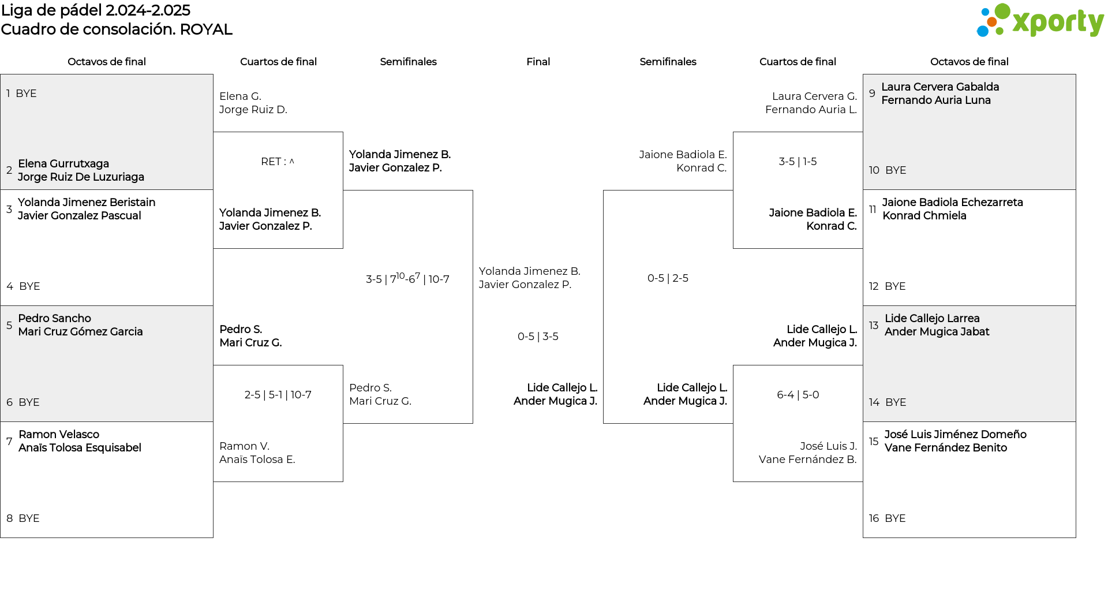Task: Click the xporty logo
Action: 1040,21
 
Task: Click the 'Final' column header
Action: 538,62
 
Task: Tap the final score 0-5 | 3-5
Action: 538,337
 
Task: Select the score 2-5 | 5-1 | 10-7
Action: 278,395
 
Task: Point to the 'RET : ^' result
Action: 278,162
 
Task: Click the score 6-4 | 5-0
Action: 798,395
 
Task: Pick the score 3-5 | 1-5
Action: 798,162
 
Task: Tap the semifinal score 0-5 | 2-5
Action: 668,278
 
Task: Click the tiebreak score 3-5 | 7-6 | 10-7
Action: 407,278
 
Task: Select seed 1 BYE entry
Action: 21,94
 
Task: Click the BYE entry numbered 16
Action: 888,518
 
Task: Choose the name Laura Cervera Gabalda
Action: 940,87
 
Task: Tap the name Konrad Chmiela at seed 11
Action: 924,216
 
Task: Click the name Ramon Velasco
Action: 59,435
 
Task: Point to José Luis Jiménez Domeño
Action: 955,435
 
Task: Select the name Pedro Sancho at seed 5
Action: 54,319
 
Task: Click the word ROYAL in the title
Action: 206,29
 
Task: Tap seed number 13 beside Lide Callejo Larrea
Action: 874,326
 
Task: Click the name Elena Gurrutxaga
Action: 63,164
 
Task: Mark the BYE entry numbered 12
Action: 887,286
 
